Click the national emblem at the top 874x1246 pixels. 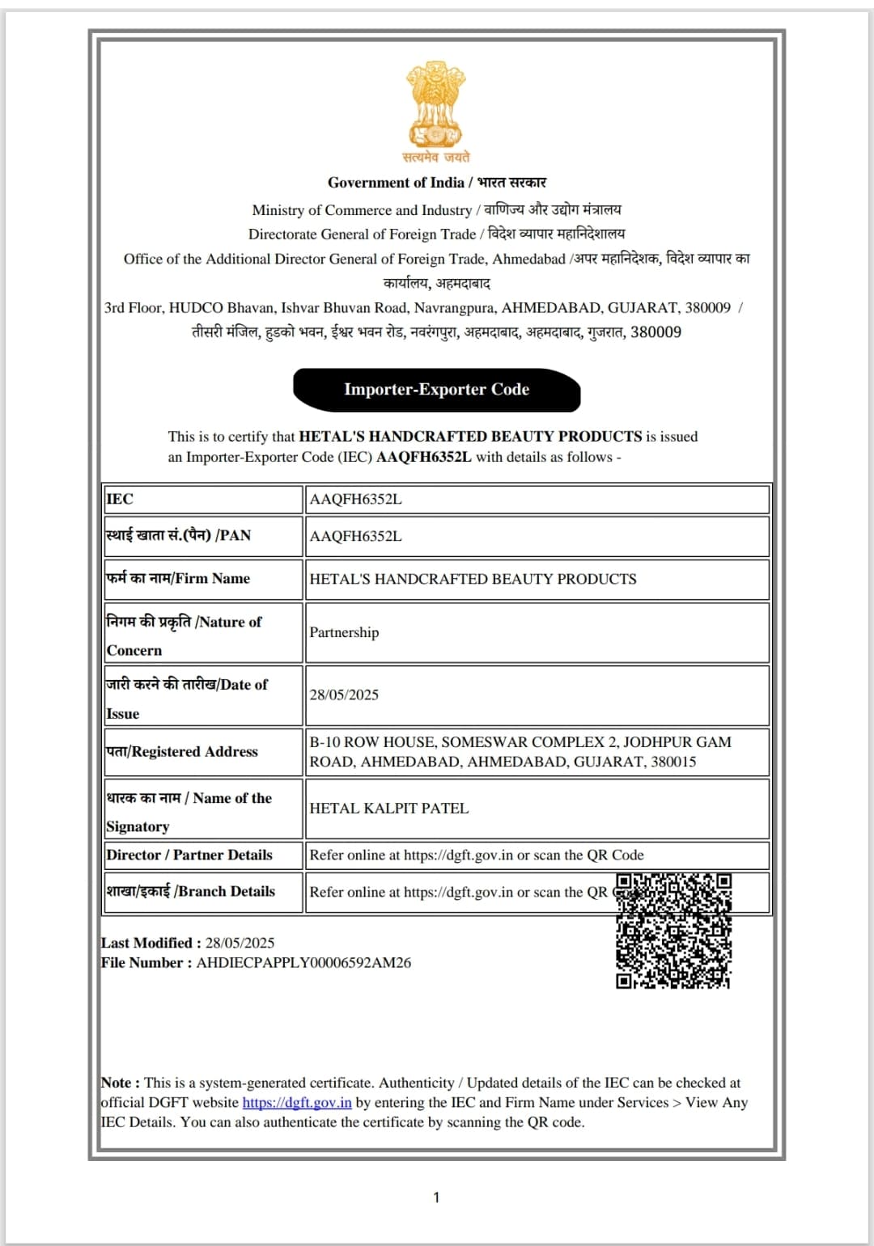[x=436, y=105]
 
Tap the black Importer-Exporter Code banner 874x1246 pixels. [x=436, y=390]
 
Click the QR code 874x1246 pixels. [x=673, y=931]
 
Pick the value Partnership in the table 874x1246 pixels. [x=344, y=632]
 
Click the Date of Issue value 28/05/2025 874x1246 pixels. [x=344, y=695]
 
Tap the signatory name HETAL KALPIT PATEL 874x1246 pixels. [x=389, y=809]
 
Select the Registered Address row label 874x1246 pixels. [x=182, y=752]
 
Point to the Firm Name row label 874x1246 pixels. [x=178, y=579]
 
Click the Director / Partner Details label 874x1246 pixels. [x=189, y=855]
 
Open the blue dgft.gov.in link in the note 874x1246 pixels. [x=297, y=1102]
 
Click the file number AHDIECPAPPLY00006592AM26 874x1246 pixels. [x=303, y=963]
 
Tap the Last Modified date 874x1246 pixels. [x=240, y=943]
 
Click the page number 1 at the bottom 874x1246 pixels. [x=436, y=1197]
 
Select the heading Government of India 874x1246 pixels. [x=396, y=183]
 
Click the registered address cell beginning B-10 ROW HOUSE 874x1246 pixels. [x=520, y=752]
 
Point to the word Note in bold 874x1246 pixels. [x=117, y=1083]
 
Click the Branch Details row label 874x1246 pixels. [x=191, y=892]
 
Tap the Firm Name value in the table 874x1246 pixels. [x=473, y=579]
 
